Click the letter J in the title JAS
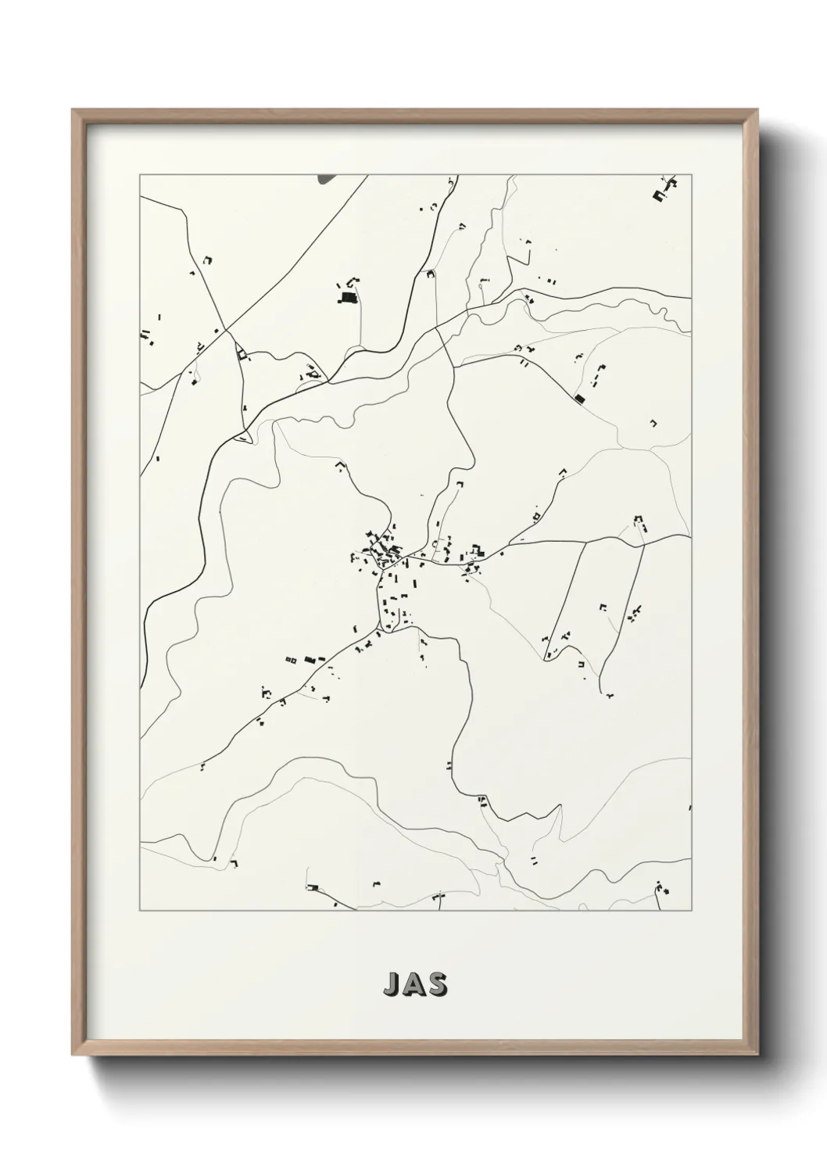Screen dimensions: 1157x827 point(391,985)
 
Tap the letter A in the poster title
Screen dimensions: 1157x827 point(414,985)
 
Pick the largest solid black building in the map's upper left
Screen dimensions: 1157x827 point(346,297)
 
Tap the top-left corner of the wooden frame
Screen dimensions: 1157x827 point(75,112)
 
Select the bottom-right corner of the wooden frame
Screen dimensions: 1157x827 point(757,1055)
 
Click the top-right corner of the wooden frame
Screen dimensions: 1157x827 point(757,112)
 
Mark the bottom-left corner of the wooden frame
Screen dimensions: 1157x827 point(75,1055)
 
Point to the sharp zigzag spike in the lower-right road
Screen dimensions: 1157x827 point(560,808)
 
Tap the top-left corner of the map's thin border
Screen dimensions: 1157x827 point(140,174)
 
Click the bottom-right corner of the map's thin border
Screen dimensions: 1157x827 point(691,911)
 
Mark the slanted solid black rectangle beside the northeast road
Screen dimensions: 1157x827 point(579,399)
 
